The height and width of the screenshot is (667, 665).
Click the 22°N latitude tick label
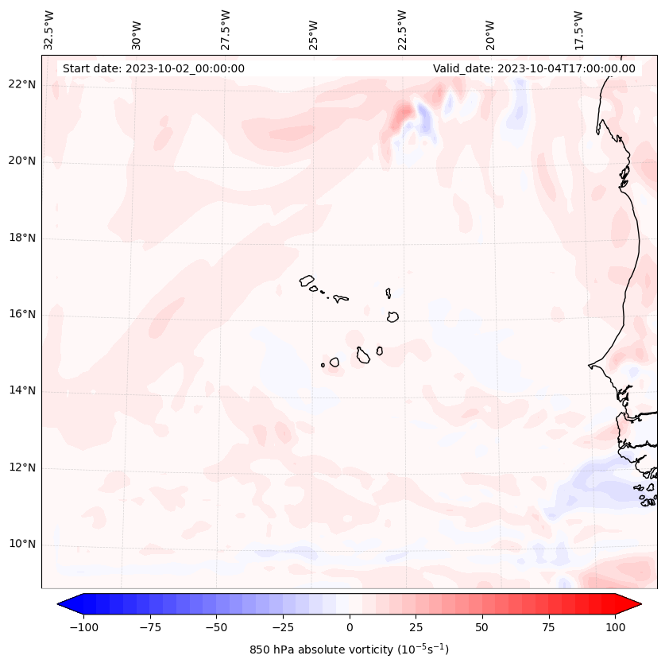(23, 84)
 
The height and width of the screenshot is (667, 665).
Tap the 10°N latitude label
(23, 545)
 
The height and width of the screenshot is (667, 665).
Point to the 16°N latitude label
(23, 314)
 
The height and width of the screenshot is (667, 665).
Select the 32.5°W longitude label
(49, 29)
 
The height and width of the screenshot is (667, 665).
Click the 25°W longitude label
(314, 32)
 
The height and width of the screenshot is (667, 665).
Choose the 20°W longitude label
(490, 32)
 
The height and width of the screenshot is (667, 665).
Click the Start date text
(153, 68)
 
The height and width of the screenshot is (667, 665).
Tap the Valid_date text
(534, 68)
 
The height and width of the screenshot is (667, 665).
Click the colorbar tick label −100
(83, 627)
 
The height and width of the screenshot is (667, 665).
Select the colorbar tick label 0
(350, 627)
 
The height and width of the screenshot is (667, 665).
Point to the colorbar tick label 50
(482, 627)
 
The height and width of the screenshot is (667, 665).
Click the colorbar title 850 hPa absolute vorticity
(350, 650)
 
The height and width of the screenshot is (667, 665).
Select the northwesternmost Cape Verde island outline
(307, 280)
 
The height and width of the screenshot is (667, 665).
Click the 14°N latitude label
(23, 390)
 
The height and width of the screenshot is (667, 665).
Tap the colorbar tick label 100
(615, 627)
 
